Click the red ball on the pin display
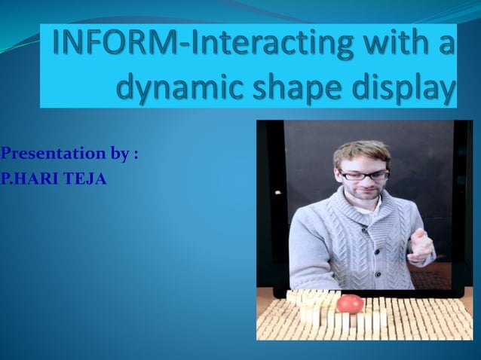[x=349, y=304]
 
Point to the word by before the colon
[x=120, y=155]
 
